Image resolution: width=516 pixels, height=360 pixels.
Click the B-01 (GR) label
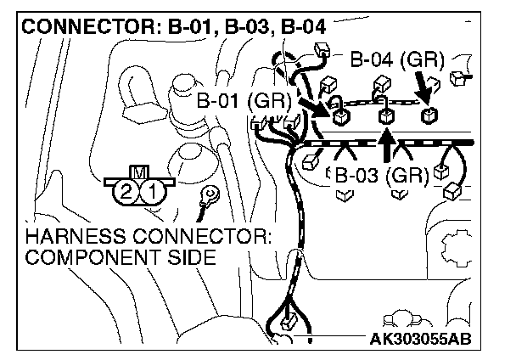(244, 101)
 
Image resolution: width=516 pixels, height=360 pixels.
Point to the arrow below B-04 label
(420, 86)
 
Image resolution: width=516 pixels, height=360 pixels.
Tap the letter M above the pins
(139, 173)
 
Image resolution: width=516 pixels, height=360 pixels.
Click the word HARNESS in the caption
(70, 236)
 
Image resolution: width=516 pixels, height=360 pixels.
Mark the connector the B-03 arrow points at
(385, 116)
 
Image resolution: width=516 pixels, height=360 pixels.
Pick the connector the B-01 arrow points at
(339, 116)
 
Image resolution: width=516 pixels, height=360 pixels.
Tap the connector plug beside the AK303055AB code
(289, 323)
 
